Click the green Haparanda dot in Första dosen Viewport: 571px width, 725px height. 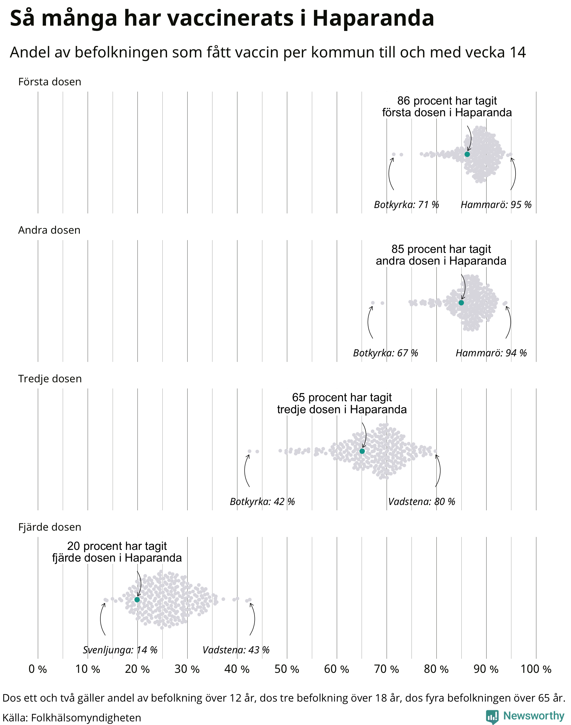tap(467, 154)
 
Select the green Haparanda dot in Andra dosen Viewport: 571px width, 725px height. tap(461, 303)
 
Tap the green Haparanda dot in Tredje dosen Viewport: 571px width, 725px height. tap(362, 451)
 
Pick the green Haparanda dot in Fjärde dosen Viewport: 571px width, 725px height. tap(137, 600)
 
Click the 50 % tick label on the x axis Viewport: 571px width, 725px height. tap(287, 669)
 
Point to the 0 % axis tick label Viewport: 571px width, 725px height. tap(37, 669)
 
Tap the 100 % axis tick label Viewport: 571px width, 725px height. tap(536, 669)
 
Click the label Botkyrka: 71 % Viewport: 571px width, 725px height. tap(406, 205)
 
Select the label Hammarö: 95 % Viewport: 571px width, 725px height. tap(496, 205)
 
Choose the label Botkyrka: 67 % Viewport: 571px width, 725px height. tap(386, 353)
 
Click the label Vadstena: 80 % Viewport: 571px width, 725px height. tap(422, 502)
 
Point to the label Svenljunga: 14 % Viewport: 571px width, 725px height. tap(120, 650)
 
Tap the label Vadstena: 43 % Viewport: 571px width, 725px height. tap(236, 650)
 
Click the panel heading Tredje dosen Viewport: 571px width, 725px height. tap(50, 379)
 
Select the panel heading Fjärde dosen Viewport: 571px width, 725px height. tap(49, 527)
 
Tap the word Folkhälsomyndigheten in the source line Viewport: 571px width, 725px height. tap(86, 718)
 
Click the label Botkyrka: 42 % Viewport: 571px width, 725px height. tap(262, 502)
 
